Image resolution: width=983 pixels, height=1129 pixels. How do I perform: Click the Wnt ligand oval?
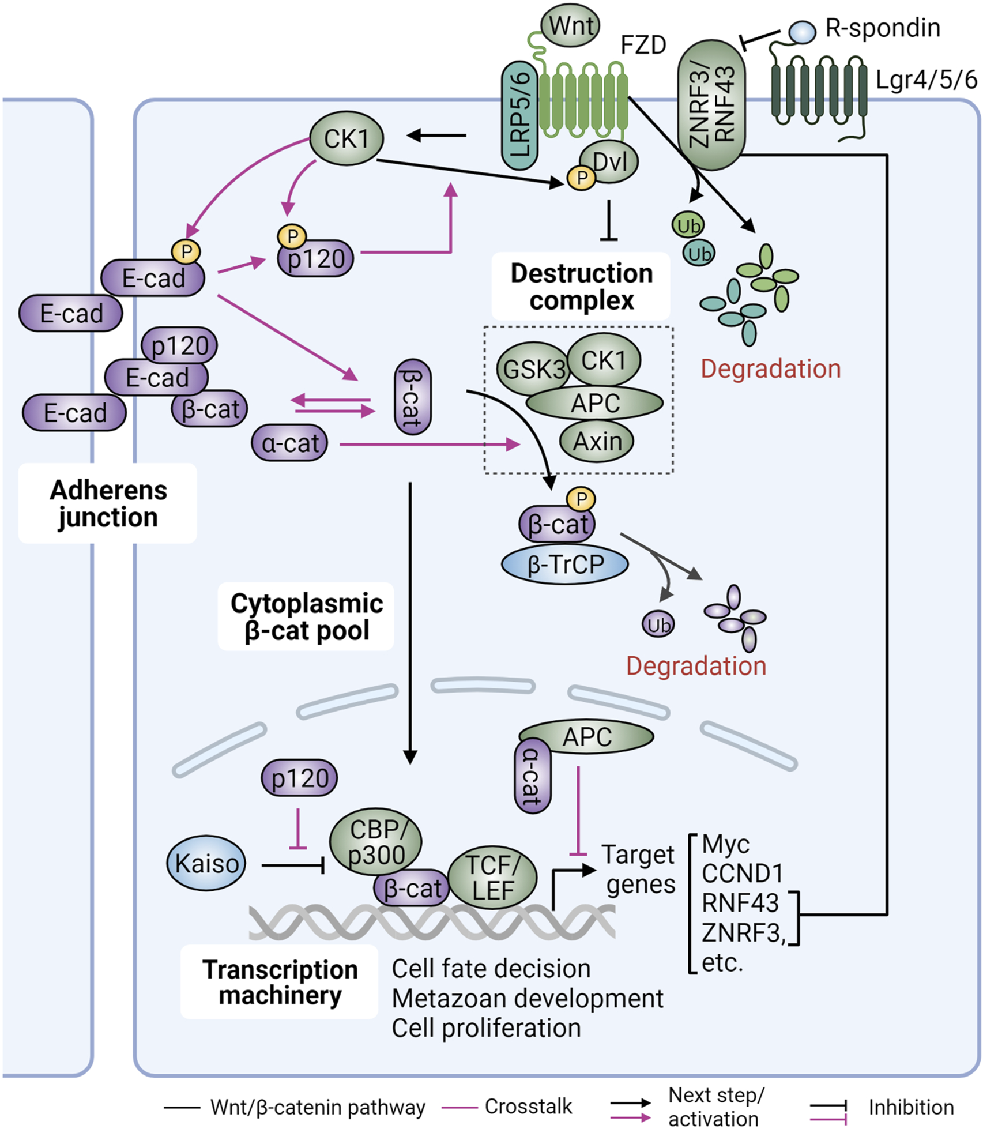click(x=570, y=26)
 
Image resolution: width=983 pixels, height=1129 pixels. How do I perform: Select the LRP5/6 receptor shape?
click(x=519, y=115)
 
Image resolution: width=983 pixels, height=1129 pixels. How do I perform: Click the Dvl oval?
click(x=609, y=162)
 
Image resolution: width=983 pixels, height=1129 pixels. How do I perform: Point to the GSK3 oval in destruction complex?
click(x=533, y=369)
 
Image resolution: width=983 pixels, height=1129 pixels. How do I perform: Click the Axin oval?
click(x=597, y=442)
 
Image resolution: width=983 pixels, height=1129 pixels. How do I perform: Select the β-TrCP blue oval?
click(x=565, y=564)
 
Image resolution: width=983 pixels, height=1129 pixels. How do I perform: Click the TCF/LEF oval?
click(x=492, y=878)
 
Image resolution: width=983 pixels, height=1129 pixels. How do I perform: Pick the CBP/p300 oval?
click(x=375, y=842)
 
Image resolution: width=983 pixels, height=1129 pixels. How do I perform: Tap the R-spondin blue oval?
click(x=802, y=32)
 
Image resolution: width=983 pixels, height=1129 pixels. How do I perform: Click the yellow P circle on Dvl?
click(x=582, y=178)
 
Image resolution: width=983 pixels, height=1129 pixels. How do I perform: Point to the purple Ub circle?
click(x=658, y=625)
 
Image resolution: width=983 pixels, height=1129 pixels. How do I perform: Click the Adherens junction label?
click(x=108, y=503)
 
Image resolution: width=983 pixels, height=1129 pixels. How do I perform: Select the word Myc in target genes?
click(x=725, y=845)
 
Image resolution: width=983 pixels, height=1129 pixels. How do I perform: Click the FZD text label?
click(x=643, y=45)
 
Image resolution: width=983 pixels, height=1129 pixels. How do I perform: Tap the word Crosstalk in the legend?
click(x=528, y=1106)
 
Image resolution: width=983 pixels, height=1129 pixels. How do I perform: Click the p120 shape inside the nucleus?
click(x=300, y=778)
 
